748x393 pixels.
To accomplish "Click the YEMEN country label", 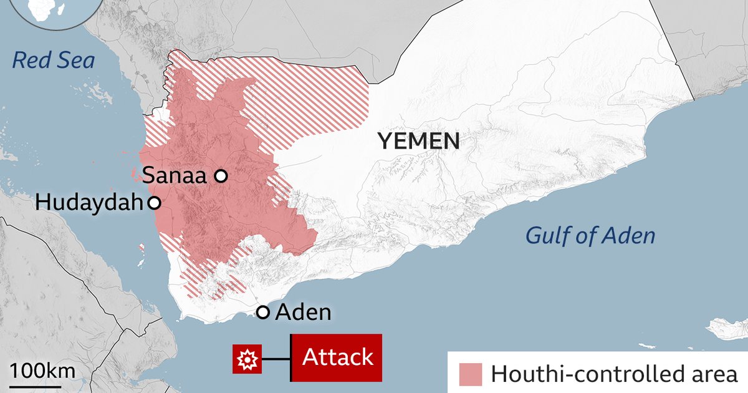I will tap(418, 141).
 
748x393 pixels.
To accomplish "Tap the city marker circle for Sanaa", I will tap(221, 177).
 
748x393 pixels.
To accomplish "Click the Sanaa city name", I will tap(175, 176).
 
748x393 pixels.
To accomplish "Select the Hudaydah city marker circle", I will tap(154, 203).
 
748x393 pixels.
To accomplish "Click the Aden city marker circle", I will tap(263, 313).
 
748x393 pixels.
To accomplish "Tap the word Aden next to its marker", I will tap(303, 312).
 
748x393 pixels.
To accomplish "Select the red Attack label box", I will tap(337, 358).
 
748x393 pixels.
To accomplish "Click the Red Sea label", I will tap(54, 61).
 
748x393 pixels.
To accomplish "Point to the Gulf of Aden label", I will tap(590, 236).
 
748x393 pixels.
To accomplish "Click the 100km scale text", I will tap(42, 371).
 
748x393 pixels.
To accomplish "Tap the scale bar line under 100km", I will tap(42, 385).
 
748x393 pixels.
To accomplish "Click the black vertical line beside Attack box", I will tap(291, 358).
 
